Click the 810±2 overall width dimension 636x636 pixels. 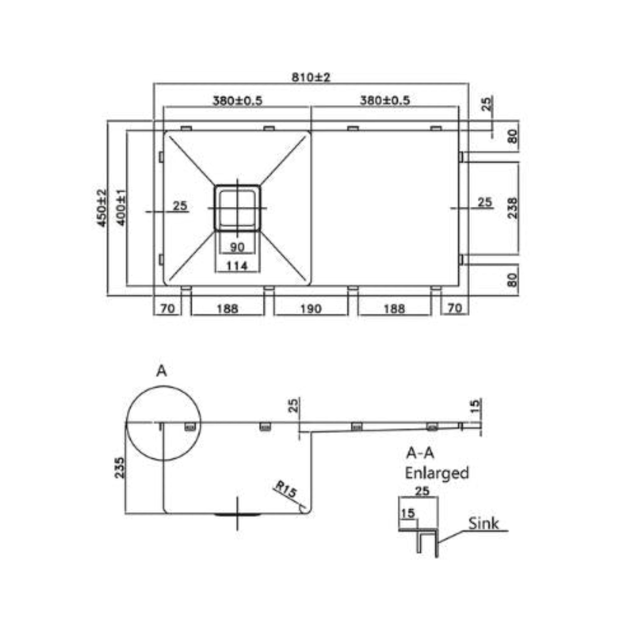tap(311, 77)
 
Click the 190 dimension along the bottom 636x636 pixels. tap(311, 309)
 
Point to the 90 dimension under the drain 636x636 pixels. tap(237, 247)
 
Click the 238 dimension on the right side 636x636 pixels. tap(512, 208)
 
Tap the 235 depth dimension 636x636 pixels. tap(120, 467)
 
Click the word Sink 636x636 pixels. tap(483, 523)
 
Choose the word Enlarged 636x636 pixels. tap(437, 473)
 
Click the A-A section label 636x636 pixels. tap(420, 454)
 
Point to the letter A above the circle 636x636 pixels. tap(161, 371)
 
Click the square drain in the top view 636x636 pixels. tap(237, 208)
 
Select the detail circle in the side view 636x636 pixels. tap(164, 423)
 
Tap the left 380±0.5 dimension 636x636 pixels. tap(238, 100)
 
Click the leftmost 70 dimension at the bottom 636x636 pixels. tap(167, 309)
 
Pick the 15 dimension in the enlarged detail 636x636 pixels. tap(408, 513)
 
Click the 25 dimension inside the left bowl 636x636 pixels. tap(180, 206)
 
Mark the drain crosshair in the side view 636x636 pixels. tap(238, 513)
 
